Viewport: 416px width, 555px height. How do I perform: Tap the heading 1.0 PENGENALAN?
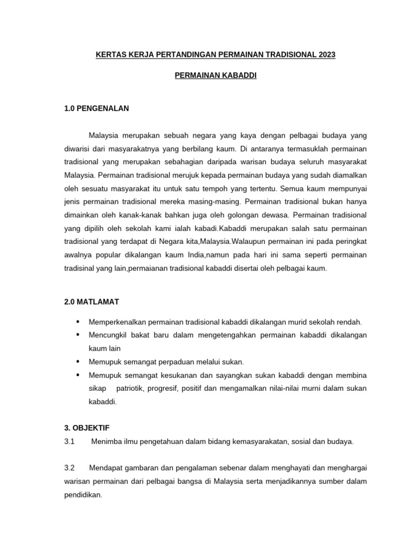click(96, 108)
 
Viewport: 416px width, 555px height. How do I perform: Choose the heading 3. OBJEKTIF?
click(87, 428)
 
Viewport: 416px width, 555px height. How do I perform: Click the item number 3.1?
click(69, 441)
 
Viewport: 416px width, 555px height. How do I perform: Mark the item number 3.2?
click(69, 467)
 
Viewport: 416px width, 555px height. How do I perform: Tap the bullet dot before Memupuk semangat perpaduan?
click(79, 362)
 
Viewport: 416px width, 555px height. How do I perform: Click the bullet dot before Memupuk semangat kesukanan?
click(79, 375)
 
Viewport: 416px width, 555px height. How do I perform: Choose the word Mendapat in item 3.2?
click(107, 467)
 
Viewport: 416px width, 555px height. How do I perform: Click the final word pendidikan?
click(82, 495)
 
